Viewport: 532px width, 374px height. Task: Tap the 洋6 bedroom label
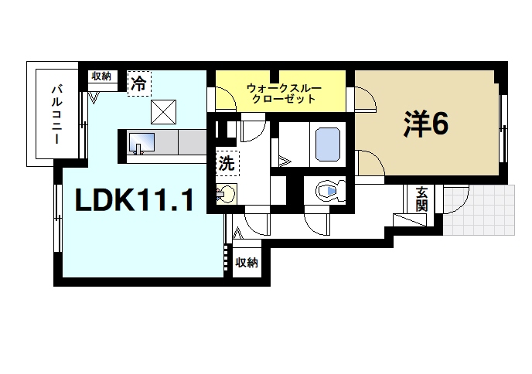click(x=425, y=124)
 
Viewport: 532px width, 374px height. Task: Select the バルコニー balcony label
click(x=56, y=113)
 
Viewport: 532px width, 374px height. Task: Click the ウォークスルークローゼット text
click(x=281, y=93)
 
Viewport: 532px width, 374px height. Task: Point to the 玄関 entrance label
click(x=421, y=199)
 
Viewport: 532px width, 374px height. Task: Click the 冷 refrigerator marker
click(x=138, y=83)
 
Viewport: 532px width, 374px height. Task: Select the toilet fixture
click(x=326, y=190)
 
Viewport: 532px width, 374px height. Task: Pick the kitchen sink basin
click(x=142, y=142)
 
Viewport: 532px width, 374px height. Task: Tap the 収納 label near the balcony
click(x=101, y=76)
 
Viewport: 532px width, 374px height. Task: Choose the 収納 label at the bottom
click(x=247, y=263)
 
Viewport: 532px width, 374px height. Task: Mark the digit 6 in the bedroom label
click(x=440, y=124)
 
